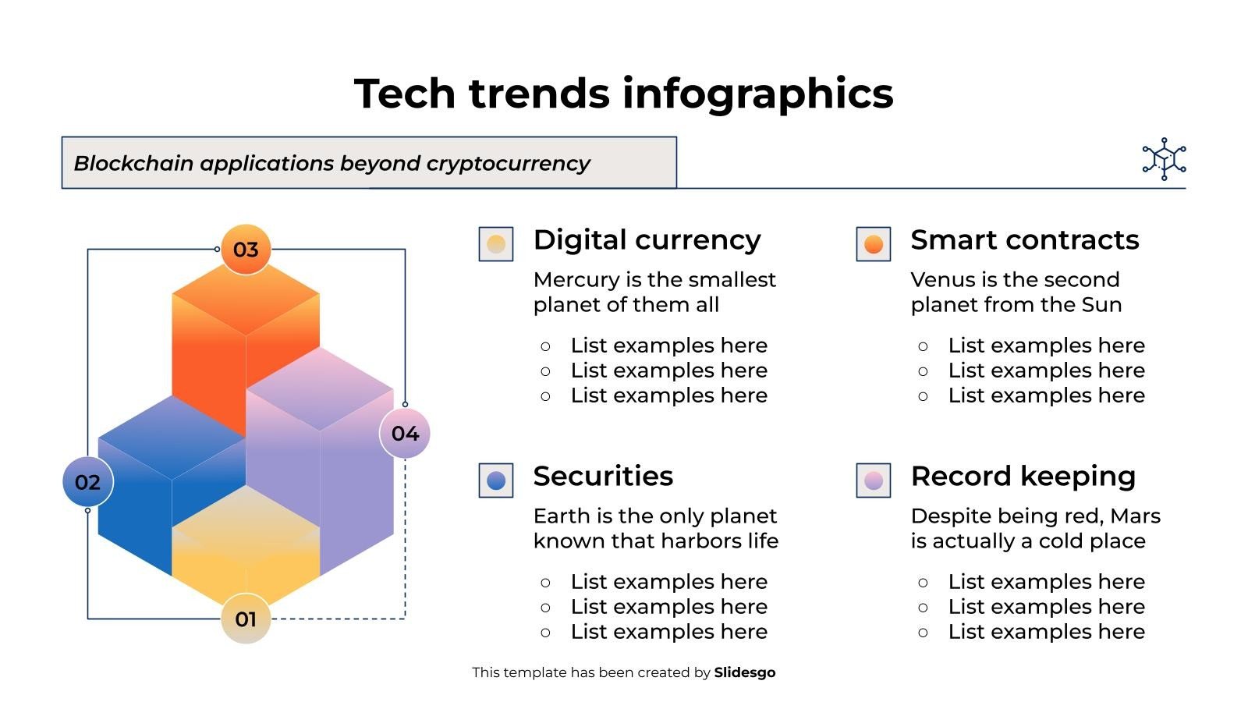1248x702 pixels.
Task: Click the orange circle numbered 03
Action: tap(246, 250)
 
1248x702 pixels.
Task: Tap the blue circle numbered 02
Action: tap(88, 482)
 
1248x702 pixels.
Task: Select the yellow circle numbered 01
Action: tap(246, 619)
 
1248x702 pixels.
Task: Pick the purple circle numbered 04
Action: tap(405, 434)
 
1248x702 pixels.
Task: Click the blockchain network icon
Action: tap(1164, 159)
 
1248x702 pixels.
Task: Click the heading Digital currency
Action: tap(647, 240)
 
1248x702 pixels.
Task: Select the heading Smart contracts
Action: tap(1025, 240)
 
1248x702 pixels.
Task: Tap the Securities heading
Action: tap(603, 477)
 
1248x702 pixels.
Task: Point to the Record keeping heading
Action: tap(1023, 477)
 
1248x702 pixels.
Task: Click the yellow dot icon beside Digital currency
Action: tap(496, 244)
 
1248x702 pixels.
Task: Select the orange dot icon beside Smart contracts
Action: tap(874, 244)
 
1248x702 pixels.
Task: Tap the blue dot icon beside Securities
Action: tap(496, 480)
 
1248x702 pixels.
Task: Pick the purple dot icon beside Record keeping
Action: tap(874, 480)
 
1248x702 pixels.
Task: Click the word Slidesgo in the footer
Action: tap(745, 672)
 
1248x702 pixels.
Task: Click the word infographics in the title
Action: tap(757, 94)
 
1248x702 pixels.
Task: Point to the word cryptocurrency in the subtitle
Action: tap(508, 164)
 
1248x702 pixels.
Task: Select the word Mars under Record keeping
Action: tap(1136, 516)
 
